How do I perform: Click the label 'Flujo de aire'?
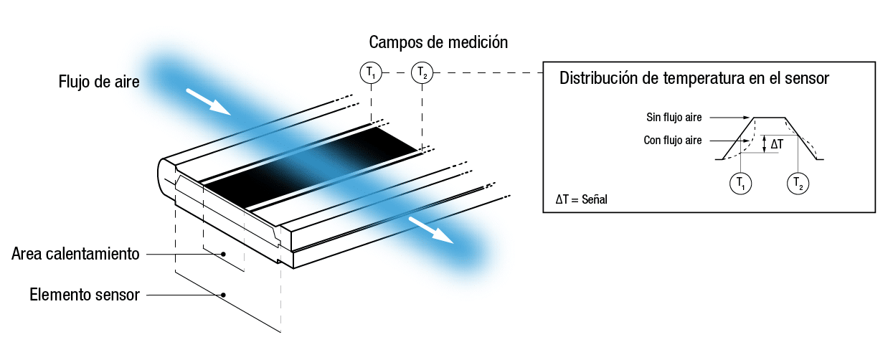click(x=99, y=82)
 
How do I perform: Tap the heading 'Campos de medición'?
click(x=438, y=42)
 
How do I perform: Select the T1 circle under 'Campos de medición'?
click(x=371, y=72)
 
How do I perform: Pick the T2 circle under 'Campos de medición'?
click(x=422, y=72)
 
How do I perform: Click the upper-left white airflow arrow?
click(x=209, y=102)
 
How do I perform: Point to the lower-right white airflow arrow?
click(x=431, y=230)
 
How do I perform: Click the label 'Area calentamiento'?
click(x=75, y=254)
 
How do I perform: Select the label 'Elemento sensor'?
click(x=85, y=295)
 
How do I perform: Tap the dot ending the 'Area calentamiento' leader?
click(x=224, y=254)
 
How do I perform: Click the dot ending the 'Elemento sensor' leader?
click(x=224, y=295)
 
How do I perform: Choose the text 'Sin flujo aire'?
click(x=674, y=117)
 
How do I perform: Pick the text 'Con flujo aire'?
click(x=673, y=141)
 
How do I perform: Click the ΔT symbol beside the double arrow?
click(x=777, y=144)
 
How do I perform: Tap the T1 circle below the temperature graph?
click(x=740, y=184)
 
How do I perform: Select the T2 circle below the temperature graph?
click(x=798, y=184)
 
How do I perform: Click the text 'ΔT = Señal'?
click(x=581, y=199)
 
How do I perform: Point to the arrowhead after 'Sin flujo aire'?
click(x=746, y=117)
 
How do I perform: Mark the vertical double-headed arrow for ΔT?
click(x=764, y=144)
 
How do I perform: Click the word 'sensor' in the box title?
click(x=807, y=78)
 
